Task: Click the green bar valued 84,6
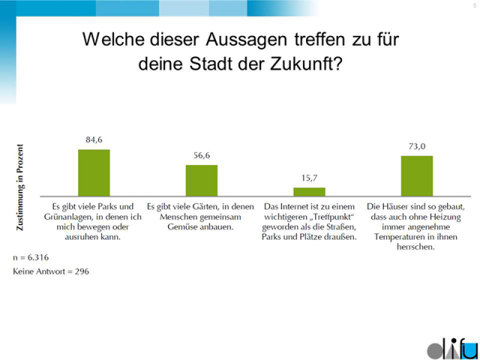(94, 172)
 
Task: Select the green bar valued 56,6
(202, 180)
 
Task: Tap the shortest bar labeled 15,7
(309, 191)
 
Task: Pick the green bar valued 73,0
(417, 175)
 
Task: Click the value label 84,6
(94, 139)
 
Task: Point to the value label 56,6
(202, 155)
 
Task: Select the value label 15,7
(309, 178)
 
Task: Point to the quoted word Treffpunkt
(325, 216)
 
